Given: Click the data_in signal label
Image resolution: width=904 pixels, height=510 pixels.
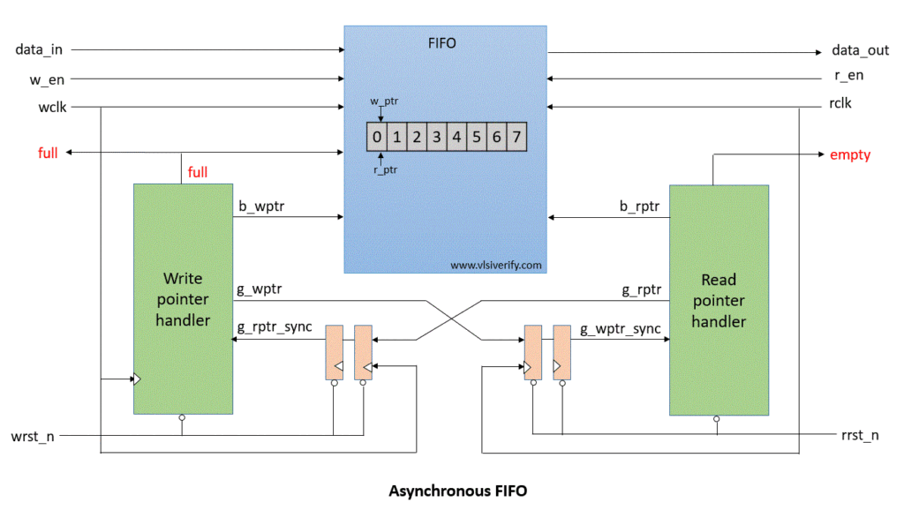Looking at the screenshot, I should pyautogui.click(x=40, y=49).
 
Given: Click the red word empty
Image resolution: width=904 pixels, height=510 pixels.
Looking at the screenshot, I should pyautogui.click(x=850, y=155).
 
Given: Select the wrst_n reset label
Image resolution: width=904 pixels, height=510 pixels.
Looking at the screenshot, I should pyautogui.click(x=33, y=437).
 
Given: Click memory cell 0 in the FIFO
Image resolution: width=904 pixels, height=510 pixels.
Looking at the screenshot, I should pyautogui.click(x=377, y=137).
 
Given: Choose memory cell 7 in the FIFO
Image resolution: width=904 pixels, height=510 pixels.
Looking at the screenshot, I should pyautogui.click(x=516, y=137).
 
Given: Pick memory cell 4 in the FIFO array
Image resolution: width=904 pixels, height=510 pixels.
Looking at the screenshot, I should pyautogui.click(x=456, y=137).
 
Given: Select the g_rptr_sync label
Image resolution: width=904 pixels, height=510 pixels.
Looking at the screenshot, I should pyautogui.click(x=275, y=327).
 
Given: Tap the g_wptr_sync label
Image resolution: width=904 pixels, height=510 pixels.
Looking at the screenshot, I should pyautogui.click(x=620, y=329).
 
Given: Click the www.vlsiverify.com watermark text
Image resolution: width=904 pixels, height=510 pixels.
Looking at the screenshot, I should pyautogui.click(x=496, y=264).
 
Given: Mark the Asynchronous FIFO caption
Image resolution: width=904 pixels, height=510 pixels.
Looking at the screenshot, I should pyautogui.click(x=457, y=491).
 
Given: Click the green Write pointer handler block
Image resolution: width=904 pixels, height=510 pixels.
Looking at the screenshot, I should pyautogui.click(x=183, y=299).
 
